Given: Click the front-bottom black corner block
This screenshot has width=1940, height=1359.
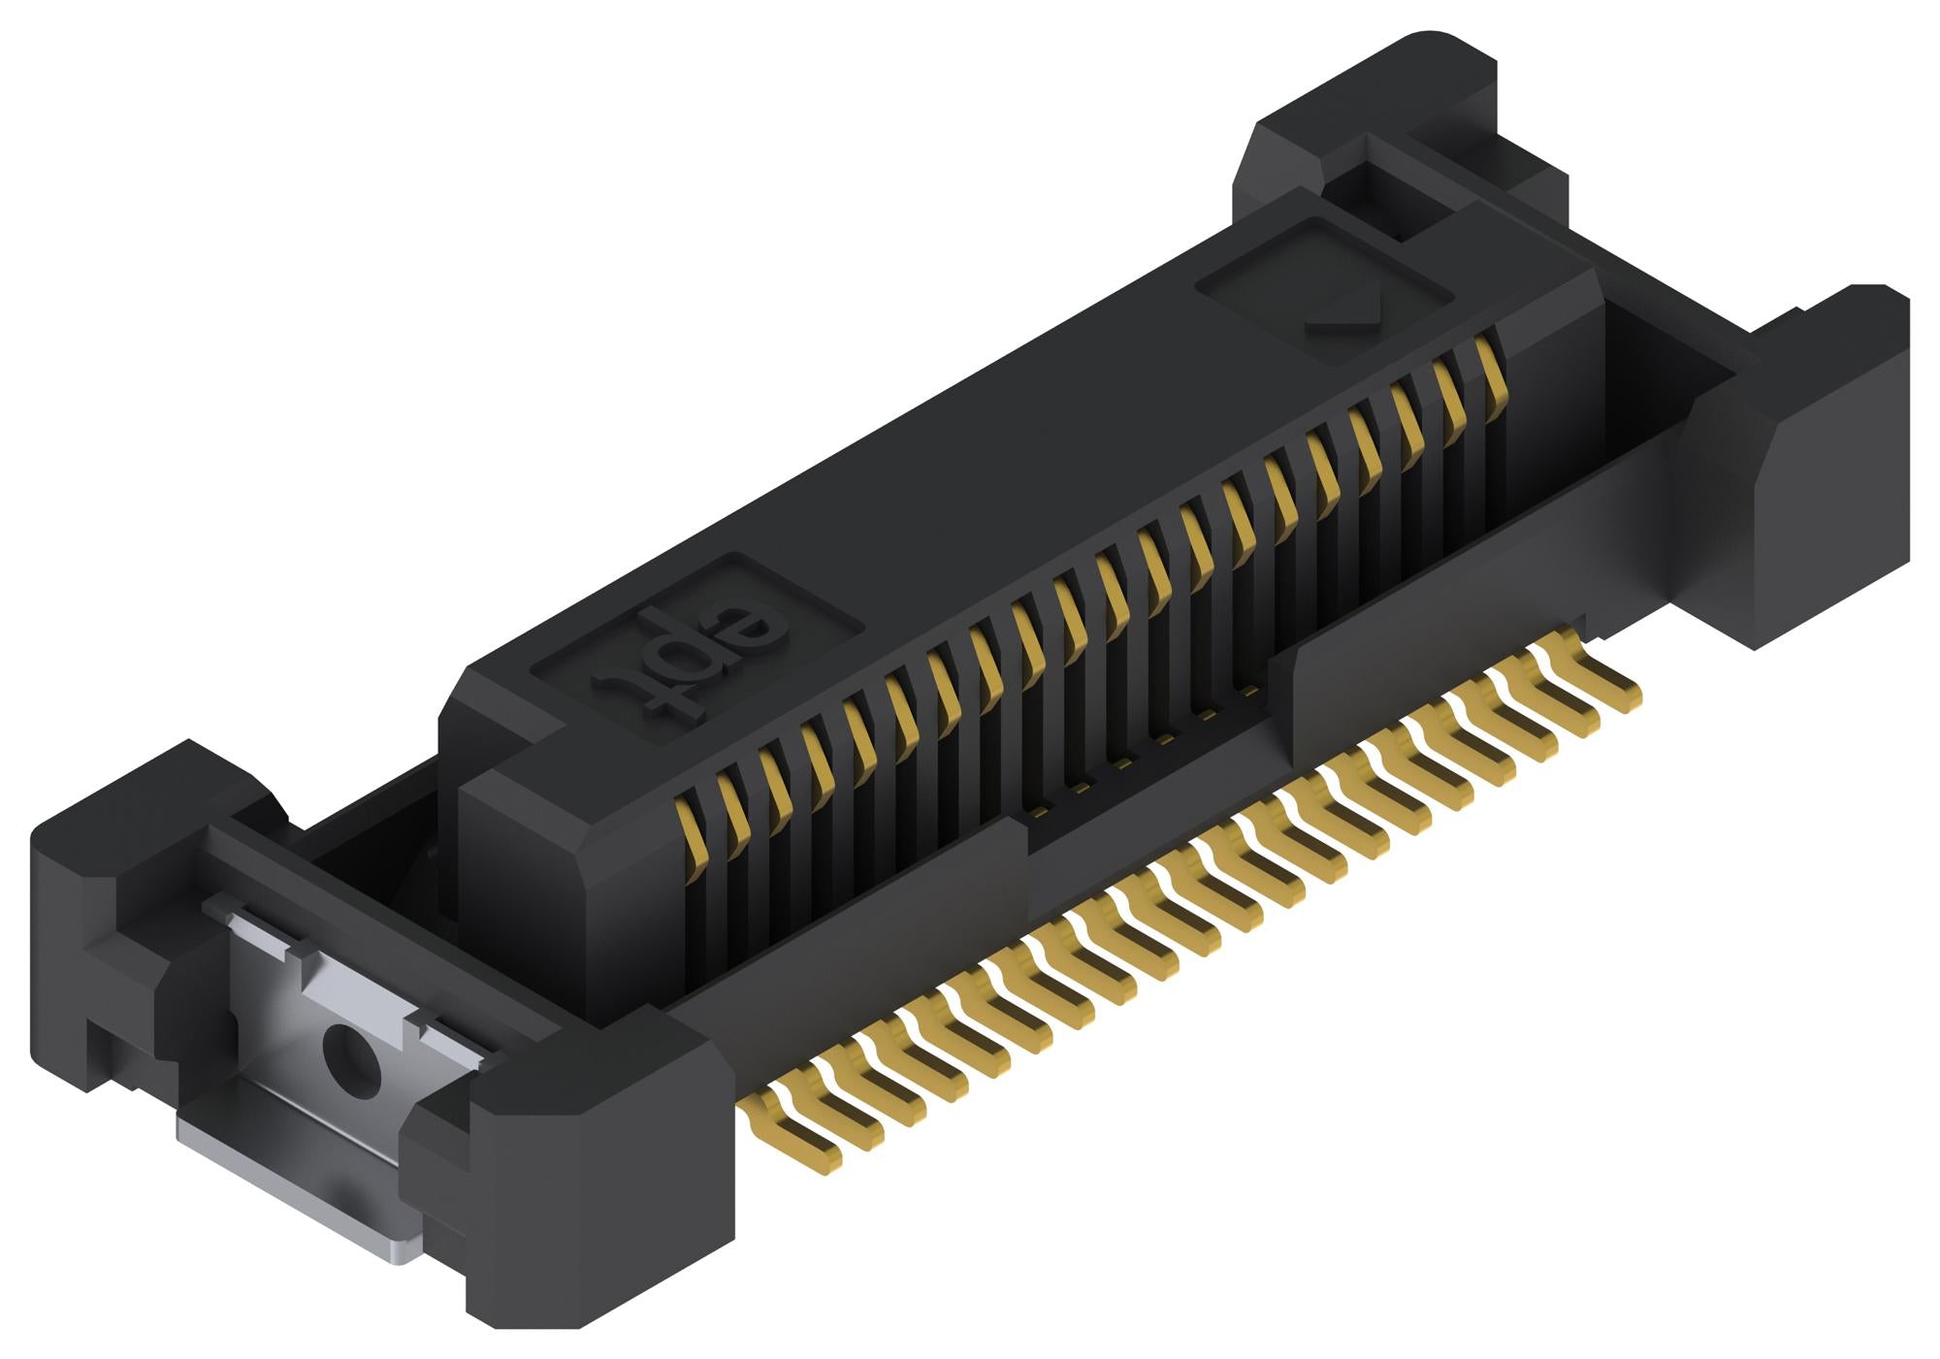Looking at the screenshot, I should (x=592, y=1193).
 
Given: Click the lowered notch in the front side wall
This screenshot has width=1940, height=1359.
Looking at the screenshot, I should (x=1145, y=795).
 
